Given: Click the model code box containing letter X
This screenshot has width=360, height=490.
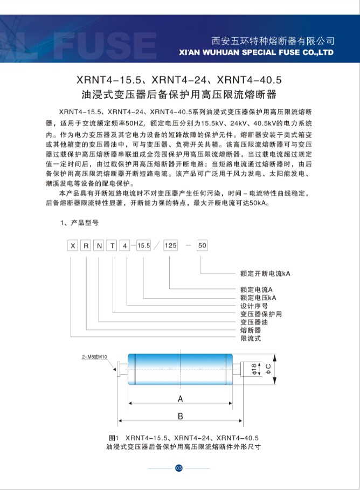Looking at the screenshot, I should (x=72, y=246).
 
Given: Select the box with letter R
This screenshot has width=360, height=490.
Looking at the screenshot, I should (x=86, y=246).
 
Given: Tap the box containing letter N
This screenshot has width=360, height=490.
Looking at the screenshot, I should (x=99, y=246).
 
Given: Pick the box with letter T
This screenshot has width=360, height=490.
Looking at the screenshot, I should (x=113, y=246).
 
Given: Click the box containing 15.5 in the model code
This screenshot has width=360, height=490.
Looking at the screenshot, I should (x=143, y=246).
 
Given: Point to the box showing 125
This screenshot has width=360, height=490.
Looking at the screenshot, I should (x=170, y=246).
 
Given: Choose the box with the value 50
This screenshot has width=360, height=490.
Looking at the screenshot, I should (x=202, y=246).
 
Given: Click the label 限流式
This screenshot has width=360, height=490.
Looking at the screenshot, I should (x=251, y=338).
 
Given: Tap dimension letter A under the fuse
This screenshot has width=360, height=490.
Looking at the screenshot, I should (x=181, y=399).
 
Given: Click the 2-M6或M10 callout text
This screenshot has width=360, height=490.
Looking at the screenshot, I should (x=95, y=357).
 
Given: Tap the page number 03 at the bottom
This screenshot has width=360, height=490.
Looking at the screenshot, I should (x=179, y=467).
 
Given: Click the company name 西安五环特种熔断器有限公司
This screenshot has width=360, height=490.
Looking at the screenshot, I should (x=273, y=40).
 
